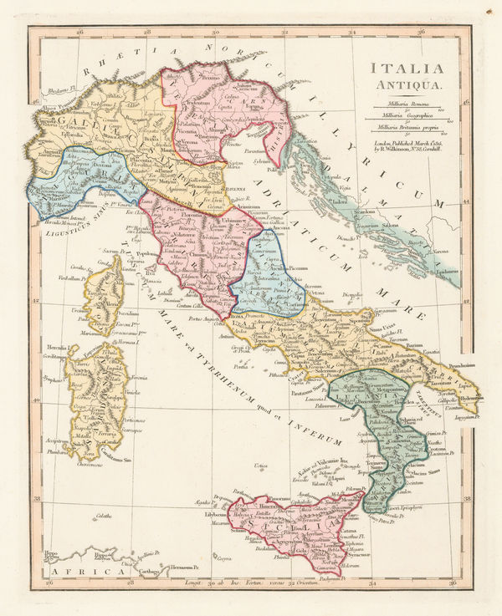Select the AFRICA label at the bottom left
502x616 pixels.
tap(68, 571)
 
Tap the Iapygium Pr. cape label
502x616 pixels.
tap(469, 415)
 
